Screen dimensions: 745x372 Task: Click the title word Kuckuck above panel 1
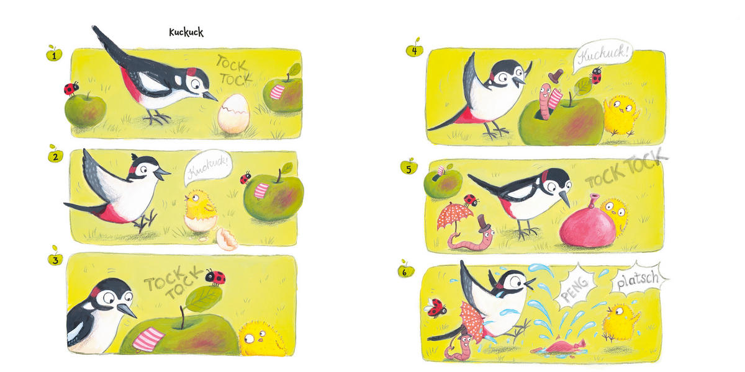click(186, 32)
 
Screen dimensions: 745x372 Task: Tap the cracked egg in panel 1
click(233, 113)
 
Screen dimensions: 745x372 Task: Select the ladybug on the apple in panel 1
click(71, 89)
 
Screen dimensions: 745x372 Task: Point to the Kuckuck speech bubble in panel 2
click(207, 166)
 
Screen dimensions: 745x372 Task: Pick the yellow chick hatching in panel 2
click(200, 208)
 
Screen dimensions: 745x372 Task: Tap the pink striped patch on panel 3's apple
click(148, 339)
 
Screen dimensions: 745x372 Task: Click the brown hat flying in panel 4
click(556, 76)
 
